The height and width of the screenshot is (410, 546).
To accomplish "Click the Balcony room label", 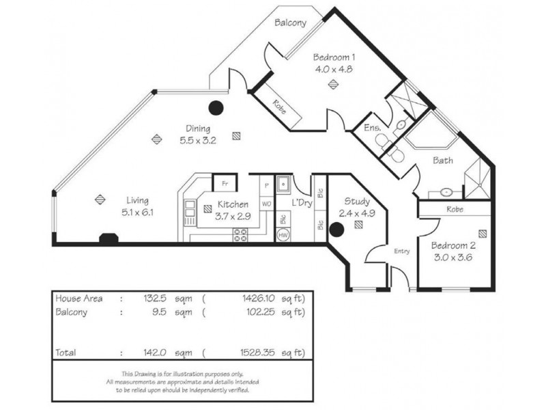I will coord(289,23).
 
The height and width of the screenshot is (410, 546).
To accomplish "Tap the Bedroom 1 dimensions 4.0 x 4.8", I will coord(333,69).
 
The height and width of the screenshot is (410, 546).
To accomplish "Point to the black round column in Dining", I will coord(216,107).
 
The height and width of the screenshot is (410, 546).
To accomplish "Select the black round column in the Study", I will coord(336,230).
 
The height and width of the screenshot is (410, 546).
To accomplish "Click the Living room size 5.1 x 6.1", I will coord(137,212).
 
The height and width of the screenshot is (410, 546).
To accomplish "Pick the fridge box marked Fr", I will coord(223,184).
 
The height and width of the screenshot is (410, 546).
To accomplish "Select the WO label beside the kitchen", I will coord(266,204).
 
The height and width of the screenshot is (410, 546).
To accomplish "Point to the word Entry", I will coord(401,251).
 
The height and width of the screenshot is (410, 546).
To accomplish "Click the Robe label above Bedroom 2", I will coord(455,209).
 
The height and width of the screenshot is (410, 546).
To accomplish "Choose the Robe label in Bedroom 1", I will coord(278,107).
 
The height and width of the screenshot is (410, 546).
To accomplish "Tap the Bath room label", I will coord(443,161).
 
